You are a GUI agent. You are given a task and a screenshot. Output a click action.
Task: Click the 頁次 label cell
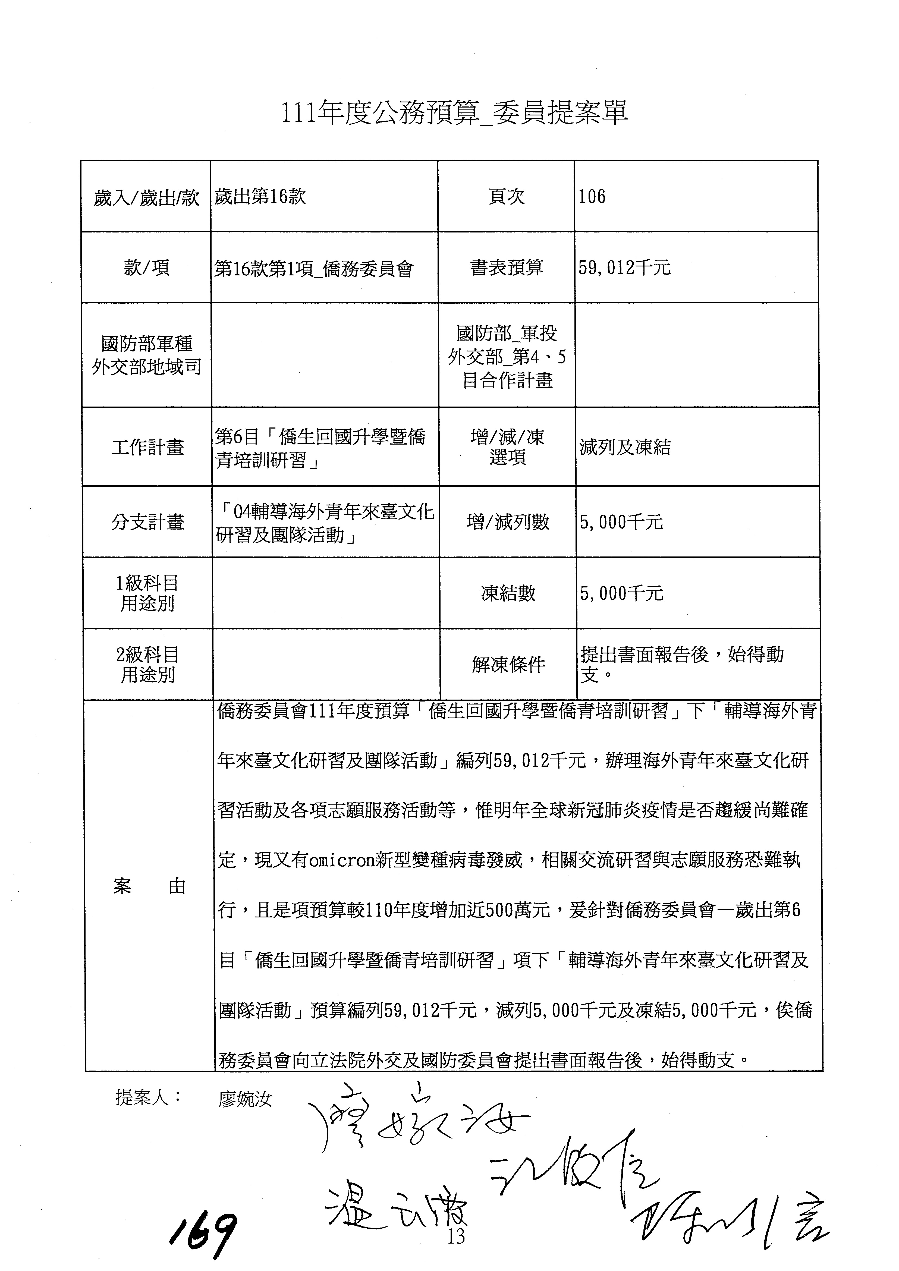(x=506, y=197)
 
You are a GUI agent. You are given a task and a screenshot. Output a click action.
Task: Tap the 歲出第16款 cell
(x=260, y=197)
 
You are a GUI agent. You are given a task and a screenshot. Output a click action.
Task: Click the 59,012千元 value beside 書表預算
(x=624, y=268)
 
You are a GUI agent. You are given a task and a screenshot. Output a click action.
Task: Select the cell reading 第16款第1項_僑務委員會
(x=313, y=269)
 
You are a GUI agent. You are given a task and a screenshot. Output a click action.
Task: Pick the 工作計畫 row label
(x=147, y=447)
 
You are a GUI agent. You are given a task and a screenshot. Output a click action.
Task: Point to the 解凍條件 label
(x=508, y=664)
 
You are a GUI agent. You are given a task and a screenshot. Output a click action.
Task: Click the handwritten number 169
(x=204, y=1236)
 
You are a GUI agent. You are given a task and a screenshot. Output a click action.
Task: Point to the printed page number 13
(x=456, y=1236)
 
